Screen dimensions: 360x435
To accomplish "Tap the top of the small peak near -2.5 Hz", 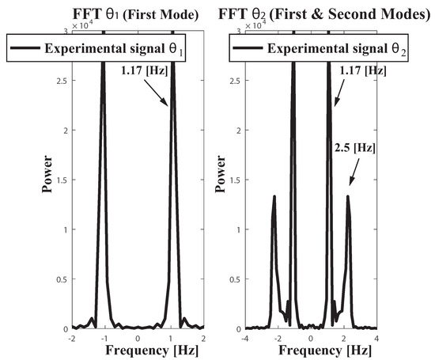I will pyautogui.click(x=274, y=196).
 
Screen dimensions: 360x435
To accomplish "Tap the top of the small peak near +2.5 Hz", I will pyautogui.click(x=347, y=196).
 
